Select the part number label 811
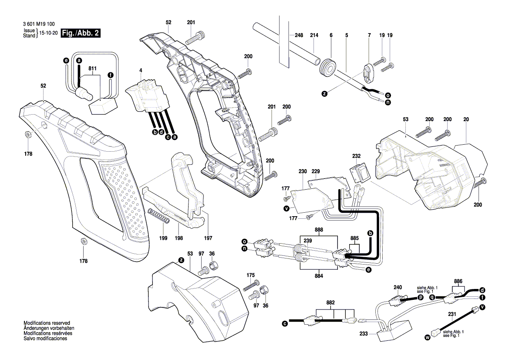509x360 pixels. click(92, 68)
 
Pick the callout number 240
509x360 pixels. click(398, 287)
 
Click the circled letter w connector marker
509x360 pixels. click(427, 337)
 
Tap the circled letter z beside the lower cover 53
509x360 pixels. click(181, 260)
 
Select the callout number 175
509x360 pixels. click(250, 275)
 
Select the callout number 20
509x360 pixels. click(466, 119)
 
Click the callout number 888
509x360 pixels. click(319, 229)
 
